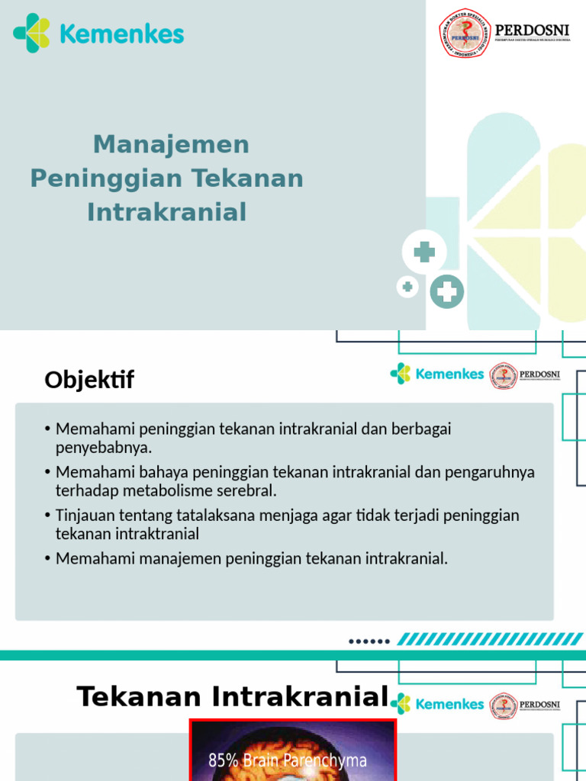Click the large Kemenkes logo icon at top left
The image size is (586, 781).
pyautogui.click(x=31, y=34)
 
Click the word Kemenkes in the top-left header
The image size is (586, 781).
pyautogui.click(x=121, y=34)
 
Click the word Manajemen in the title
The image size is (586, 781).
pyautogui.click(x=171, y=144)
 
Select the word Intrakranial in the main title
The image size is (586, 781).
pyautogui.click(x=167, y=212)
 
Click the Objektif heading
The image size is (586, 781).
pyautogui.click(x=89, y=379)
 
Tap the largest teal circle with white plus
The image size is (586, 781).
pyautogui.click(x=446, y=291)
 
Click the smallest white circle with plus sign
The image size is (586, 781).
pyautogui.click(x=407, y=287)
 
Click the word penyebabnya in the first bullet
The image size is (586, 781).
pyautogui.click(x=103, y=447)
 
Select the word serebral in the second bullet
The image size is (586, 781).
pyautogui.click(x=243, y=490)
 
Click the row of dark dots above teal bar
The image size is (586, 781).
pyautogui.click(x=369, y=641)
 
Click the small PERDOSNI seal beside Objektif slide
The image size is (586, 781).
pyautogui.click(x=504, y=374)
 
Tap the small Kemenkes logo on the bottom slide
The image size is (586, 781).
pyautogui.click(x=400, y=703)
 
